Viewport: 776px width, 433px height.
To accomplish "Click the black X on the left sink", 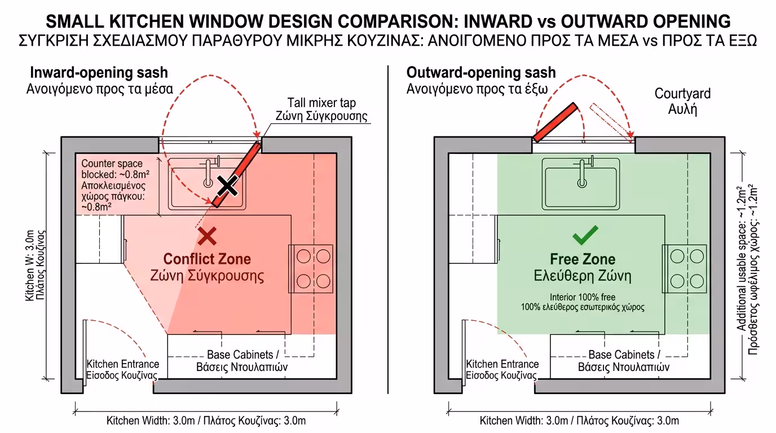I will click(x=227, y=185).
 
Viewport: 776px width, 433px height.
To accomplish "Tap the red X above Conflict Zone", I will click(x=208, y=236).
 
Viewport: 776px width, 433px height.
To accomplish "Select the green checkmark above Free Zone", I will click(x=585, y=236).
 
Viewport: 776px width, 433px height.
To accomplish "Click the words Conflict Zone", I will click(x=207, y=259).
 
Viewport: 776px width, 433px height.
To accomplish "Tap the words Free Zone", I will click(x=583, y=260).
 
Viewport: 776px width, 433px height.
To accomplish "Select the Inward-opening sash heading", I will click(x=99, y=73).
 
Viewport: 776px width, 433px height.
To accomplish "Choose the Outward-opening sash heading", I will click(x=481, y=73).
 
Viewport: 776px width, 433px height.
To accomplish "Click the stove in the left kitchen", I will click(x=311, y=268).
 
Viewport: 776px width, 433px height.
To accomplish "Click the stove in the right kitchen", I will click(x=685, y=268).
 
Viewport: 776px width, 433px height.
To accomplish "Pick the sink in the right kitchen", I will click(x=581, y=182).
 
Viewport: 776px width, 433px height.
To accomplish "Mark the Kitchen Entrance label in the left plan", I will click(x=123, y=370).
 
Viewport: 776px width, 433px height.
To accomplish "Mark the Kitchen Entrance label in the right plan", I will click(x=502, y=370).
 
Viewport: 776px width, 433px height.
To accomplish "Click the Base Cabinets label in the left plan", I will click(x=243, y=360).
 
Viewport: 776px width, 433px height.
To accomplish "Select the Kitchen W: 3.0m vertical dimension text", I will click(x=36, y=265).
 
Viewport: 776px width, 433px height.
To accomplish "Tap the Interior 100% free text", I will click(x=583, y=302).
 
